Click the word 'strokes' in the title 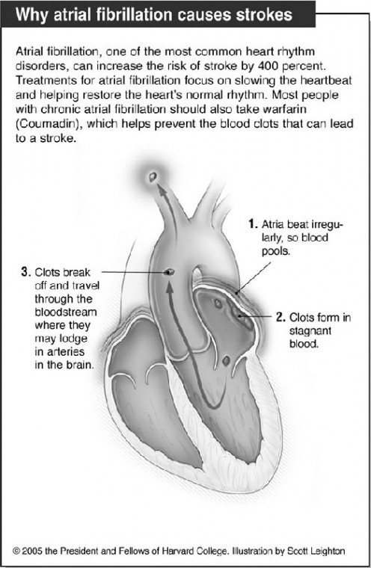coord(264,15)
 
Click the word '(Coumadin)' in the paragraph coord(48,124)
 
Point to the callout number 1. coord(253,224)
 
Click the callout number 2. coord(280,318)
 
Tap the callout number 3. coord(25,272)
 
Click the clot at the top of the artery coord(153,177)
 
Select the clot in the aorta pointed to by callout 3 coord(169,271)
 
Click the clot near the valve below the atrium coord(226,360)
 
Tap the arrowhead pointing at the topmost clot coord(161,189)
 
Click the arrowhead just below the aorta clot coord(169,284)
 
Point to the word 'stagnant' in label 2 coord(310,331)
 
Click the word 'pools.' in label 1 coord(276,251)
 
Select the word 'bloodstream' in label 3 coord(66,312)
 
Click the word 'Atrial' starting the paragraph coord(30,52)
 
